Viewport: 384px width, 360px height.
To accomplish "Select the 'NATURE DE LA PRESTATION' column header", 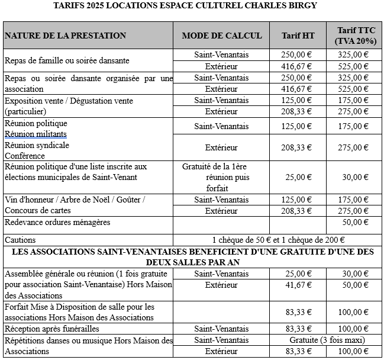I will tap(65, 36).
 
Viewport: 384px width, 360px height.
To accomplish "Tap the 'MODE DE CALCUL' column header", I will tap(221, 36).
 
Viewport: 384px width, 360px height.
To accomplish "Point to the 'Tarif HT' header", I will tap(298, 36).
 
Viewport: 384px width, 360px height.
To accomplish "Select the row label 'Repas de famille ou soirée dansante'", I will tap(67, 60).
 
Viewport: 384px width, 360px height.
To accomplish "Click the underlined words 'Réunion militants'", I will tap(36, 134).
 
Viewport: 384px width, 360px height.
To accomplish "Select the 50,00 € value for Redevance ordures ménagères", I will tap(355, 223).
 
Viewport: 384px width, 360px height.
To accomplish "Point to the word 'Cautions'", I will tap(20, 240).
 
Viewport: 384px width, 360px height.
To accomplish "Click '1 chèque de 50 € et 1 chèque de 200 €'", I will tap(278, 240).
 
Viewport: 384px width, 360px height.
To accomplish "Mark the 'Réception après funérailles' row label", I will tap(51, 329).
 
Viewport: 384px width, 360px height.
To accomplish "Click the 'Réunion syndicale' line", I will tap(37, 145).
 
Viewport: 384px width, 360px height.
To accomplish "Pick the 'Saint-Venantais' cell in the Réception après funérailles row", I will tap(221, 329).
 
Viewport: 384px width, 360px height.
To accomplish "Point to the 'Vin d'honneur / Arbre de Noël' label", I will tap(75, 200).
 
